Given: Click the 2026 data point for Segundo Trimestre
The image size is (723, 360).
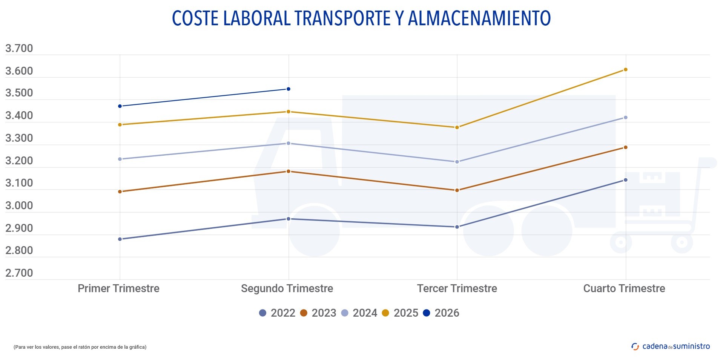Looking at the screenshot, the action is click(x=289, y=89).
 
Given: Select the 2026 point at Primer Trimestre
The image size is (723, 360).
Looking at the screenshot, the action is click(x=120, y=106).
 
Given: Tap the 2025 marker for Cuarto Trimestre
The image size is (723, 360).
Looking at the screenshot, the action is click(x=625, y=70).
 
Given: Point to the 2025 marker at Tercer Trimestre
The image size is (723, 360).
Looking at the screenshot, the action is click(x=457, y=127).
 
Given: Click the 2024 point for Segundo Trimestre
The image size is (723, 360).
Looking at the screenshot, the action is click(x=289, y=143).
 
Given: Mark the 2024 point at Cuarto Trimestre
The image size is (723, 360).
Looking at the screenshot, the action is click(x=625, y=118).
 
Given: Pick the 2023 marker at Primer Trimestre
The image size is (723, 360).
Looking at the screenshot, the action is click(x=120, y=192).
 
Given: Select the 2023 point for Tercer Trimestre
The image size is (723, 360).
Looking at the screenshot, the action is click(x=457, y=190).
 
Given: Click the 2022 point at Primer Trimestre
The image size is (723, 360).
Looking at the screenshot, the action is click(x=120, y=239).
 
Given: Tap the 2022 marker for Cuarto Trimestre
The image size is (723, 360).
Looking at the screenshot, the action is click(x=625, y=180).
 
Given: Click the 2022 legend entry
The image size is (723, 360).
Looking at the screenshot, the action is click(x=277, y=313).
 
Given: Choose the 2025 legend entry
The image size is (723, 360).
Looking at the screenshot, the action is click(x=400, y=313).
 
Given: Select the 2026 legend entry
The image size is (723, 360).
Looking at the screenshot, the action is click(x=441, y=313).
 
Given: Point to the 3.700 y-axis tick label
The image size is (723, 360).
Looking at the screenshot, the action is click(x=19, y=48).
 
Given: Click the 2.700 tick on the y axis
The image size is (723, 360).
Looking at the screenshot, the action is click(x=19, y=273).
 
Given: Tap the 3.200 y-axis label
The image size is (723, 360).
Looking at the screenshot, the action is click(x=19, y=161).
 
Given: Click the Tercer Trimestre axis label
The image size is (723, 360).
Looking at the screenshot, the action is click(x=457, y=288).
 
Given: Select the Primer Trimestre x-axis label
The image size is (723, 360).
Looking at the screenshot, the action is click(x=119, y=288).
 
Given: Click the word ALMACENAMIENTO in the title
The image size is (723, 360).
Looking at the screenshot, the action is click(x=479, y=18).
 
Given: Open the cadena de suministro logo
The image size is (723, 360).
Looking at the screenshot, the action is click(x=671, y=346).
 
